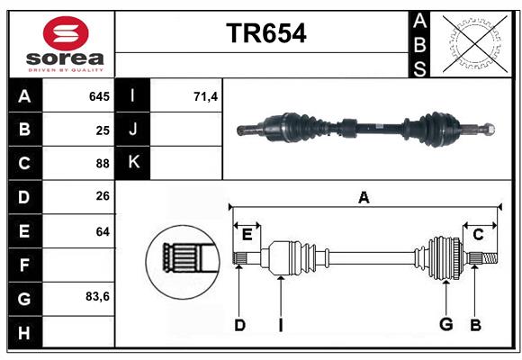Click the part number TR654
pyautogui.click(x=265, y=33)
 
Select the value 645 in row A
pyautogui.click(x=98, y=96)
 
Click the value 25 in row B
pyautogui.click(x=102, y=130)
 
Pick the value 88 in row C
pyautogui.click(x=102, y=164)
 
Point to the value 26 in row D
pyautogui.click(x=102, y=197)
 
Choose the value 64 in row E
pyautogui.click(x=102, y=231)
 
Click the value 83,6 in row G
pyautogui.click(x=96, y=296)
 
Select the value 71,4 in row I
pyautogui.click(x=206, y=96)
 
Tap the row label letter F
pyautogui.click(x=24, y=265)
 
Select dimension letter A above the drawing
pyautogui.click(x=364, y=197)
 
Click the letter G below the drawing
pyautogui.click(x=445, y=325)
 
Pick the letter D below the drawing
pyautogui.click(x=239, y=325)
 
